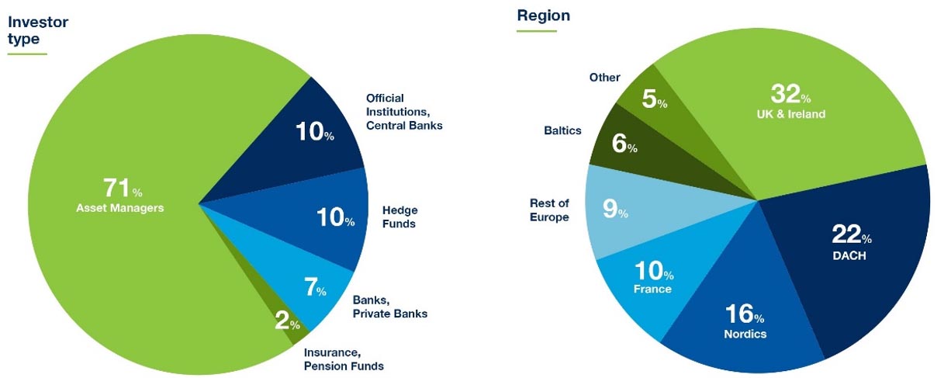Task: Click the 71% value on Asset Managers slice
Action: [x=123, y=188]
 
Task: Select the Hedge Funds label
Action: [x=399, y=217]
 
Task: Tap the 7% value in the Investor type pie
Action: [x=315, y=286]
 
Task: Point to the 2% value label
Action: [x=287, y=321]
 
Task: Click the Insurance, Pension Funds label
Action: [x=344, y=359]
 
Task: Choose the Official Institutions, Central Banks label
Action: [x=404, y=112]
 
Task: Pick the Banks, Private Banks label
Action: [x=389, y=307]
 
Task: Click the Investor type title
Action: [x=38, y=30]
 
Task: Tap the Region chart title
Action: [x=544, y=16]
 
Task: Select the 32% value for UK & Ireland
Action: [x=790, y=94]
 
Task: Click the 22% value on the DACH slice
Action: [x=851, y=234]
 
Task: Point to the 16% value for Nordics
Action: [x=745, y=314]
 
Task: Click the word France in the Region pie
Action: [x=652, y=290]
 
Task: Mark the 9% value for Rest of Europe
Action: [x=615, y=209]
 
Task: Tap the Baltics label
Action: [x=562, y=130]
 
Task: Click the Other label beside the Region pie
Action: [x=604, y=78]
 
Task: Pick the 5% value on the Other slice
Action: [x=654, y=99]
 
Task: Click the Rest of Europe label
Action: [x=549, y=210]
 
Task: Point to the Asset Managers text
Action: [x=120, y=208]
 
